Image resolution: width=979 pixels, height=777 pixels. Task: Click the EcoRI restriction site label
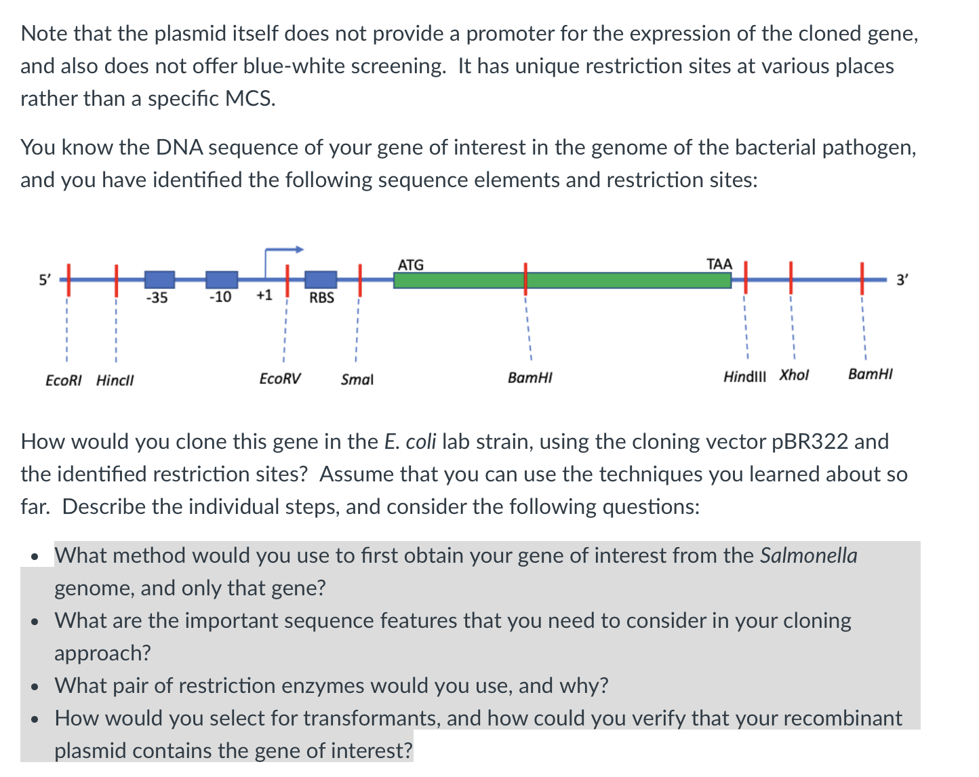tap(63, 380)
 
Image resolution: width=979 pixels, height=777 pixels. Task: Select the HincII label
tap(115, 380)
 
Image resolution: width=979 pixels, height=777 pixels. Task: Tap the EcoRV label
tap(280, 378)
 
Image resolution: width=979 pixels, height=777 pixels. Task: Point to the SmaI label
tap(357, 380)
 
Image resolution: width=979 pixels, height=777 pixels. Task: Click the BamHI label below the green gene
tap(530, 378)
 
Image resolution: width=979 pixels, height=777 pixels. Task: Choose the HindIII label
tap(744, 376)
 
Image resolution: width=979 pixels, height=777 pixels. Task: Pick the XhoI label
tap(794, 375)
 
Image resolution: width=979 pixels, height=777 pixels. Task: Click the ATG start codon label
tap(410, 264)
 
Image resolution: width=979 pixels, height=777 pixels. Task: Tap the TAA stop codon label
tap(719, 264)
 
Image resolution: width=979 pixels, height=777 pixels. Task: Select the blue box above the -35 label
tap(159, 279)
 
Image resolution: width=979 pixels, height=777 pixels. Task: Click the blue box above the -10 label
tap(222, 279)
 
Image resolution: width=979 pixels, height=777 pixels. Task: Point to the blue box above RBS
tap(321, 279)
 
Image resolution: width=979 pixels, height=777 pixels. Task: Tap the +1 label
tap(264, 295)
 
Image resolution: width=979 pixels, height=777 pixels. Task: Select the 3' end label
tap(902, 279)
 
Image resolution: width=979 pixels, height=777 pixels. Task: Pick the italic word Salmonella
tap(808, 555)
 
